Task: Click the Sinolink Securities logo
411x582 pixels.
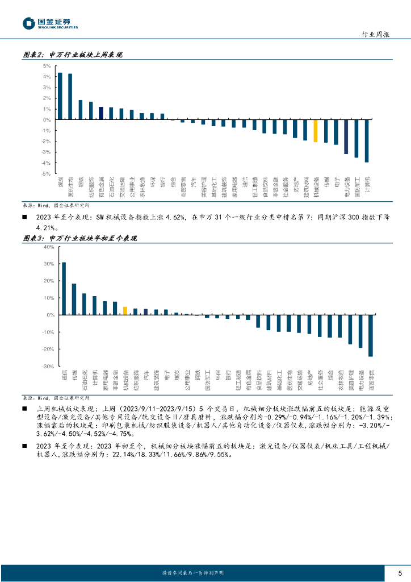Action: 49,23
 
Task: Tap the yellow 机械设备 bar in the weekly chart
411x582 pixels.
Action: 316,131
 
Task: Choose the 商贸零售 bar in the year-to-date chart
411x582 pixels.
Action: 371,335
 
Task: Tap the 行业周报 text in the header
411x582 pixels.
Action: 375,35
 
